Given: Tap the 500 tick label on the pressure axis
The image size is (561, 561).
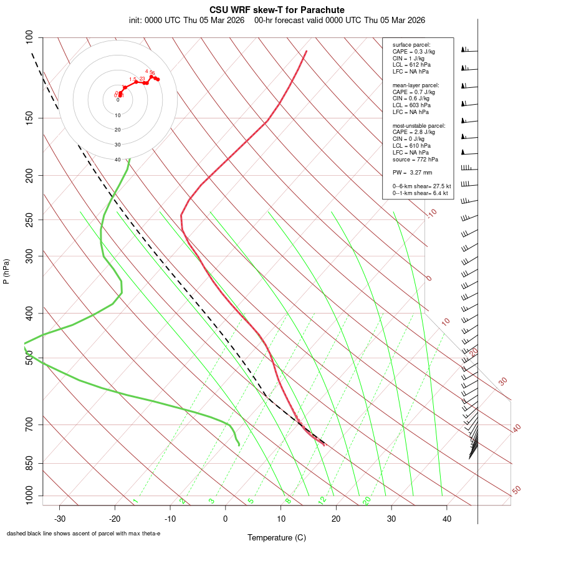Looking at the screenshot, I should (30, 358).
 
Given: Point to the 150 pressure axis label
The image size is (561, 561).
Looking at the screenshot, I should (30, 118).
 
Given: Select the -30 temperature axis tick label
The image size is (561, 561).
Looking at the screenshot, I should (60, 519).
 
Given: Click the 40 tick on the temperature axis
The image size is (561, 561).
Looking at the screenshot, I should (446, 519).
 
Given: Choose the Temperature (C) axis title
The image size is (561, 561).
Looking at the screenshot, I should (277, 537).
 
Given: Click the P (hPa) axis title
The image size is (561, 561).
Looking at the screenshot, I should (6, 271).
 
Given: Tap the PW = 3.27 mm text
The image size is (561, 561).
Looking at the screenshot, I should (412, 172).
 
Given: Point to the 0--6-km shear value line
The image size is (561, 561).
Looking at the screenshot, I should (421, 186).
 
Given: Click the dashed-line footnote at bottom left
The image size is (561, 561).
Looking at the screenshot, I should (84, 534).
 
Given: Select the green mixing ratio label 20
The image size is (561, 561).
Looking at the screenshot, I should (367, 500).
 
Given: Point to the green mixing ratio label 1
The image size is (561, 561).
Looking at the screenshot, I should (135, 501).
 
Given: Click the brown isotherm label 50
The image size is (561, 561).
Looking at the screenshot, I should (516, 490).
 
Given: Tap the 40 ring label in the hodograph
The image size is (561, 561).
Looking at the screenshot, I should (118, 160).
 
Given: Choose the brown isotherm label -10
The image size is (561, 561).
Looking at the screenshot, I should (431, 213).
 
